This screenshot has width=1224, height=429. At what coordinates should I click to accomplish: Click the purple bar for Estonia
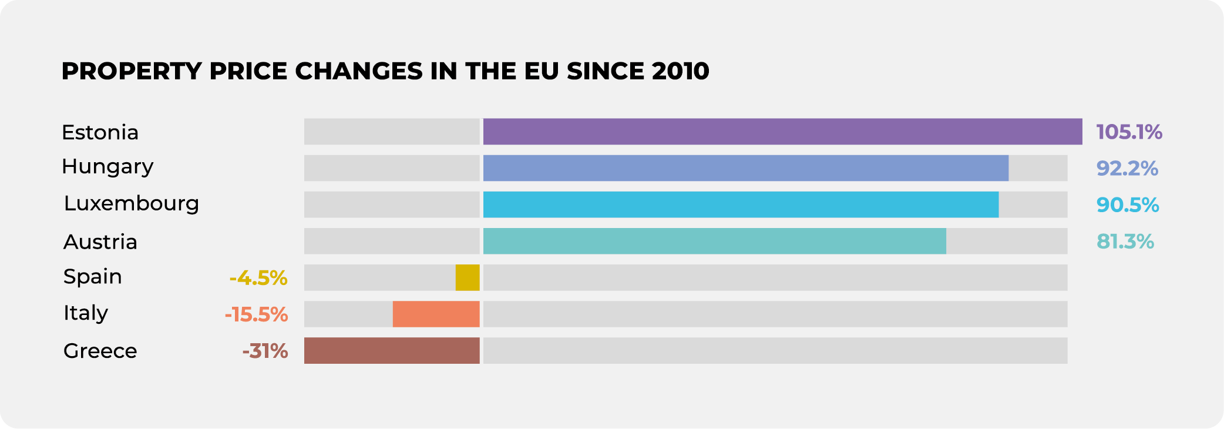click(782, 132)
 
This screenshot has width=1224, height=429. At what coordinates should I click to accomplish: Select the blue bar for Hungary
click(745, 168)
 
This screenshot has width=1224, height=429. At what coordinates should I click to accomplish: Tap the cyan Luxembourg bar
click(741, 205)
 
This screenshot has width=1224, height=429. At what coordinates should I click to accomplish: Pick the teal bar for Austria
click(714, 241)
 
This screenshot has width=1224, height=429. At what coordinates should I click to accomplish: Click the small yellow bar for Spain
click(468, 277)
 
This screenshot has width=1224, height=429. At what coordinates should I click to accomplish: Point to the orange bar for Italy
click(436, 314)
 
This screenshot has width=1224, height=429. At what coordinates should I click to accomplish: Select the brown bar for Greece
click(392, 350)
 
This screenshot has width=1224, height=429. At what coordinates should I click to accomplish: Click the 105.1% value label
click(1129, 132)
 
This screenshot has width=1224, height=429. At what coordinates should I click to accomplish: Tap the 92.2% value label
click(1127, 169)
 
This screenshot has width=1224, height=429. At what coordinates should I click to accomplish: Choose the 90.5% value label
click(1127, 205)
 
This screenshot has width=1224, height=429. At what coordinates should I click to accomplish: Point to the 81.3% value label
click(1125, 242)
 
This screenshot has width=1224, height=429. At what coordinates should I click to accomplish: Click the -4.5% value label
click(258, 278)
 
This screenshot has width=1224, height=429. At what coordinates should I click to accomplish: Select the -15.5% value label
click(256, 314)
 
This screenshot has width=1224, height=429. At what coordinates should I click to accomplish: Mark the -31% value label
click(265, 351)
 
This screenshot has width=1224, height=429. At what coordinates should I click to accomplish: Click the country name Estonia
click(100, 132)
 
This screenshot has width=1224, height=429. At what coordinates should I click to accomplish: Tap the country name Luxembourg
click(132, 203)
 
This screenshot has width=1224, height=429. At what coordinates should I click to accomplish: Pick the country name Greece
click(100, 351)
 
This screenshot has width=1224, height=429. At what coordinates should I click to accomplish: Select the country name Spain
click(92, 276)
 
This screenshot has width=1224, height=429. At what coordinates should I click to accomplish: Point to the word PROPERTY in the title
click(132, 71)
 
